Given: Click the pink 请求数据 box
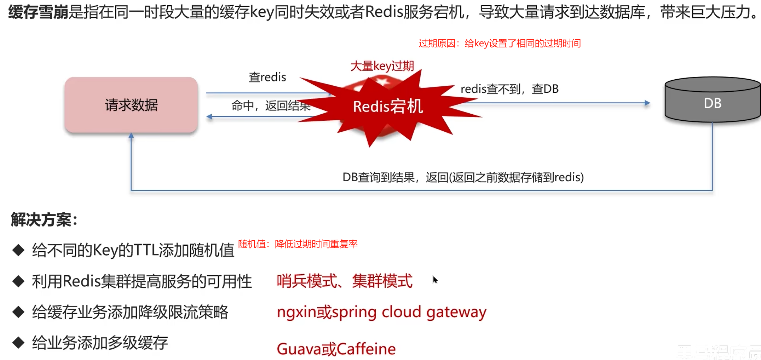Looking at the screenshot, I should (x=131, y=105).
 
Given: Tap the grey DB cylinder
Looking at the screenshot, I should (x=712, y=101).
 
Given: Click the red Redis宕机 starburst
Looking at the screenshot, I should (x=388, y=107).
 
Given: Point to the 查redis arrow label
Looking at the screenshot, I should (x=267, y=77).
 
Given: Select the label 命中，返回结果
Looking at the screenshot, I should (x=271, y=105).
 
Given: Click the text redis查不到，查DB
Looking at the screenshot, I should (x=509, y=89).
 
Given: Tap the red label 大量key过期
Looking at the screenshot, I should (x=382, y=66).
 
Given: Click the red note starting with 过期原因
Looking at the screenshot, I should (x=500, y=44).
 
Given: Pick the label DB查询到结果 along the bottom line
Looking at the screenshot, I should (x=463, y=177).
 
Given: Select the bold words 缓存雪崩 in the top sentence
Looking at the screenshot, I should (x=38, y=12).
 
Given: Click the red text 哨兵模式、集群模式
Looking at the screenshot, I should (x=344, y=281).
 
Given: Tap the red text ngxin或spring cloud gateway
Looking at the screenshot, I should (x=381, y=312).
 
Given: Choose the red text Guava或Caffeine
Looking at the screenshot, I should (x=336, y=349).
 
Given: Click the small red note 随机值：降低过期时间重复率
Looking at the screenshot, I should (x=298, y=244).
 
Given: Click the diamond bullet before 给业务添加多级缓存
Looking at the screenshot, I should (x=18, y=342).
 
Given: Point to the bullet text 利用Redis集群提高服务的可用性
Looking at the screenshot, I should (x=142, y=281).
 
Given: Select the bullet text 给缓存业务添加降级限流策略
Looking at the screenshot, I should (x=130, y=312).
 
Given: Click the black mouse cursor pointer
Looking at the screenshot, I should (x=435, y=280).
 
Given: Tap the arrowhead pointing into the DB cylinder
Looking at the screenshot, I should (x=647, y=103).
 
